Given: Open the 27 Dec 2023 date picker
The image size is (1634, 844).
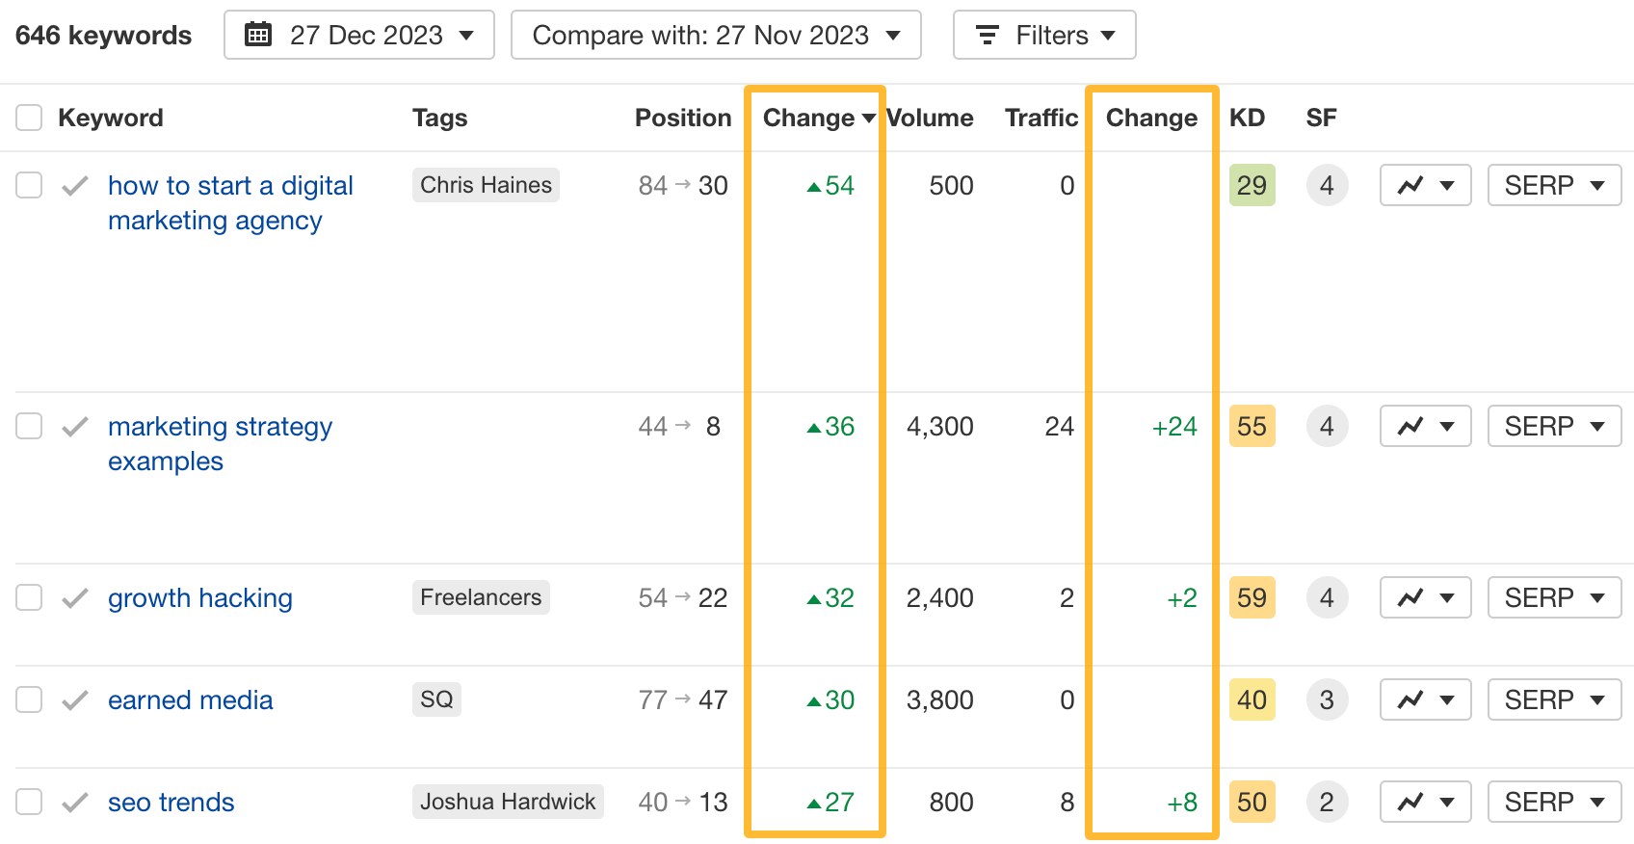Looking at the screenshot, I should coord(358,36).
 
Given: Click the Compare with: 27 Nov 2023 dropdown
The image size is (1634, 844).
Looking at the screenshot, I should coord(715,36).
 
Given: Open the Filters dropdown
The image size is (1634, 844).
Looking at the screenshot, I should coord(1044,36).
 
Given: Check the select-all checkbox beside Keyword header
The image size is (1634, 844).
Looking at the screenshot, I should coord(29,118).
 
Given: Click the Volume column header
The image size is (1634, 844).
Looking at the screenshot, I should coord(930,118).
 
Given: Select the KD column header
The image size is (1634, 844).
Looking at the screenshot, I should coord(1247,118).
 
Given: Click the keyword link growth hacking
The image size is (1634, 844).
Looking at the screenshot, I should coord(199,598).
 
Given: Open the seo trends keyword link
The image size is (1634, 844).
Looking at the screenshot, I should coord(171,803).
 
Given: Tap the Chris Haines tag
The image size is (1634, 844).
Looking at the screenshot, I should coord(486,185).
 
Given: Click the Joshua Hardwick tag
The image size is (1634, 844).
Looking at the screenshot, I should coord(508,802).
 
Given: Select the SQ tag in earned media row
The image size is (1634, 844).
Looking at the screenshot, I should coord(436,699).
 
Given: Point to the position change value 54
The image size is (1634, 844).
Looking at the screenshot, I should coord(831,186).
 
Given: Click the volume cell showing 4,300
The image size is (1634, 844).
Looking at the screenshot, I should coord(939,427).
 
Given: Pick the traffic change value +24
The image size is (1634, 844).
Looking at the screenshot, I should coord(1174,427).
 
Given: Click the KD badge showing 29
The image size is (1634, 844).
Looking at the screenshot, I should coord(1252,186).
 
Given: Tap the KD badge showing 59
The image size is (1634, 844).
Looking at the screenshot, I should coord(1252,598).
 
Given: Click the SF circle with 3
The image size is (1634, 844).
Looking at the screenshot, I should coord(1327,700).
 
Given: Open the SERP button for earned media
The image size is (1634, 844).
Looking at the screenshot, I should coord(1554,700).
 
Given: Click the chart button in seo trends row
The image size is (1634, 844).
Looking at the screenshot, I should coord(1425,802).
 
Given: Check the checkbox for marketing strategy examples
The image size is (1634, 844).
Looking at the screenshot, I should coord(29,426).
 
